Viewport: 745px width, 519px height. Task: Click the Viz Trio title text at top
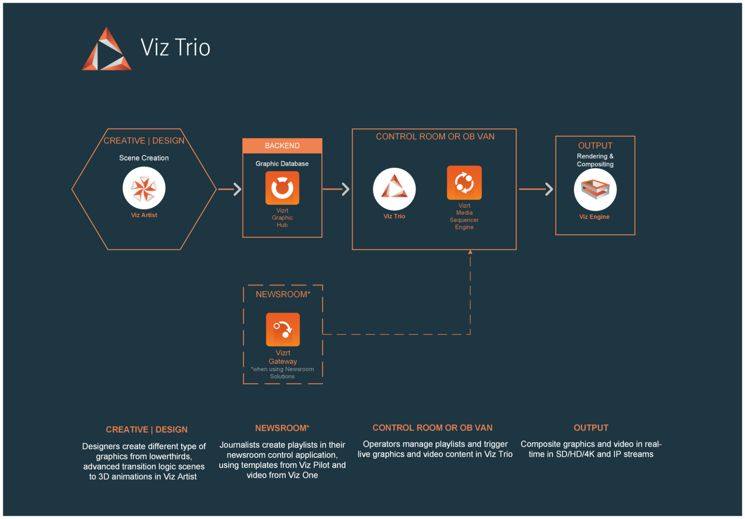point(175,47)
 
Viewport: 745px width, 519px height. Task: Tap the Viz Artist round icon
point(144,188)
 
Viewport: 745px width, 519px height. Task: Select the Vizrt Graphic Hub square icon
point(282,188)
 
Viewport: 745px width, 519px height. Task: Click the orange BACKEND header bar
point(282,145)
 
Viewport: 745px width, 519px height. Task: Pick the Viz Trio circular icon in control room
point(394,189)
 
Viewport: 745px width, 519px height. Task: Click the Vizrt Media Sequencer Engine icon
point(464,183)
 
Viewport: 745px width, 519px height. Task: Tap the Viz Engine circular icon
point(595,189)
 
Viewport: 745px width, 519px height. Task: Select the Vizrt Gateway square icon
point(283,330)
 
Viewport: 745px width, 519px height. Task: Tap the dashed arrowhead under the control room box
point(470,252)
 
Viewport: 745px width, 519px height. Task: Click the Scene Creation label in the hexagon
point(144,158)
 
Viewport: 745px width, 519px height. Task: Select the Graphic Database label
point(282,164)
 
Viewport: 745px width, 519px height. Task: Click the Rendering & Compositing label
point(595,160)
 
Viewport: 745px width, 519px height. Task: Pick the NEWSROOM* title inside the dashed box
point(283,294)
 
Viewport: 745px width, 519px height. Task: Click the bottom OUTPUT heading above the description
point(591,428)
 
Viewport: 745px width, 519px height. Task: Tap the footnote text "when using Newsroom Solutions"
point(282,373)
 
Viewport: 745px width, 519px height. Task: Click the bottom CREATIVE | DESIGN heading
point(146,430)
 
